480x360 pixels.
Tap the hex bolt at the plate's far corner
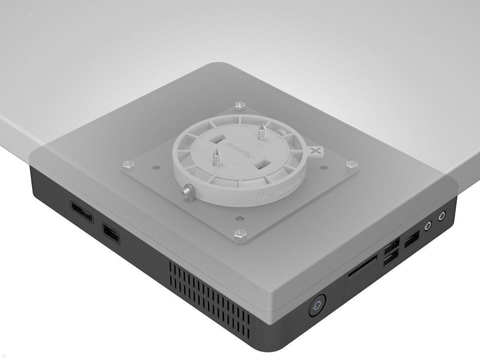(240, 106)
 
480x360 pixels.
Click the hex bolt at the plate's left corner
(128, 164)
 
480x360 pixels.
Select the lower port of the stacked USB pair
(391, 259)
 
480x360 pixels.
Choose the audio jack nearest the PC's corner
(442, 216)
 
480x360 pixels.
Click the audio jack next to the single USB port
(428, 226)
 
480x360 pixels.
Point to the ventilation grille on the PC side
(208, 294)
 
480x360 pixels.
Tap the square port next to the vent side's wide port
(111, 233)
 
